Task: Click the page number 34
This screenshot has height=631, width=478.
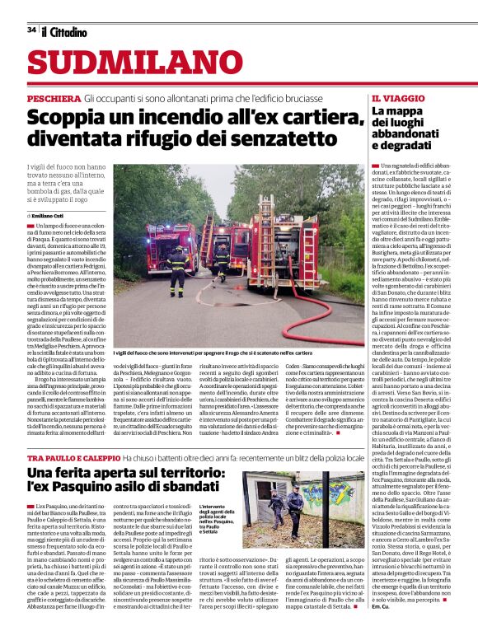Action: point(31,30)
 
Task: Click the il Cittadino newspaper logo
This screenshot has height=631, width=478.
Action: point(65,31)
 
